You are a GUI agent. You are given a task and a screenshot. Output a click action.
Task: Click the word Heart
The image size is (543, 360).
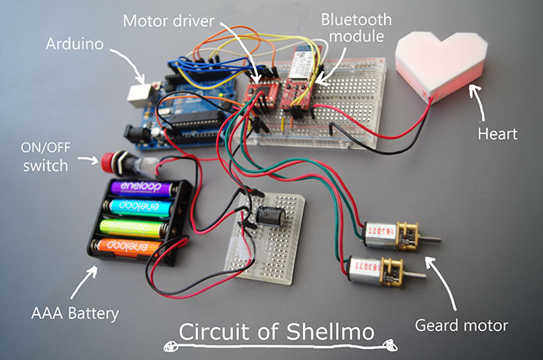click(x=497, y=133)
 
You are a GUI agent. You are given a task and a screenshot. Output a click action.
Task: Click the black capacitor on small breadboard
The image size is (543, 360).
click(x=273, y=217)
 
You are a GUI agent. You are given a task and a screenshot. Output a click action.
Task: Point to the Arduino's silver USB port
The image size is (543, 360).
click(x=139, y=94)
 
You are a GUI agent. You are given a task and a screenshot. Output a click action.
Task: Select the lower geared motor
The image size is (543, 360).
click(x=378, y=268)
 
